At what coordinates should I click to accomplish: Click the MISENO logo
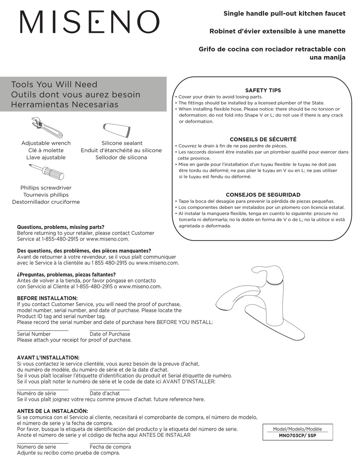89,22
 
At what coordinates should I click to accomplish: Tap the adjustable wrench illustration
47,127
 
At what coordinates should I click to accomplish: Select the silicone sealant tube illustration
117,130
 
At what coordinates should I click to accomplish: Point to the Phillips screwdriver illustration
47,173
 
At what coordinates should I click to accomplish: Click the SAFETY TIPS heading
263,90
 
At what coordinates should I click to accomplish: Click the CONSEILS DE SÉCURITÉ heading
263,139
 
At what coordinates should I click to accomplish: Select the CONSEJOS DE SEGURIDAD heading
263,195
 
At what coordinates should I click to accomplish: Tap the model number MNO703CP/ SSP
297,436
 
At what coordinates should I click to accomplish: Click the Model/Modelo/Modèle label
297,429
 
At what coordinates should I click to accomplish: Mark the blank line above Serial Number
42,330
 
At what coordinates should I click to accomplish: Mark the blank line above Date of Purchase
110,330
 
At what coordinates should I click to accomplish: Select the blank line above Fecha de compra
110,443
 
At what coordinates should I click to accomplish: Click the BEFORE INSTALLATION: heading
47,298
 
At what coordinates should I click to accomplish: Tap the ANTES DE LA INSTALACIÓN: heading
52,411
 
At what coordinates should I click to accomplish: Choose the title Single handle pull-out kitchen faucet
284,14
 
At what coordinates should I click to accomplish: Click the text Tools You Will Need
54,84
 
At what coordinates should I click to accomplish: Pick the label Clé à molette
46,150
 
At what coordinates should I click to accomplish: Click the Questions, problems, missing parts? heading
61,227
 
